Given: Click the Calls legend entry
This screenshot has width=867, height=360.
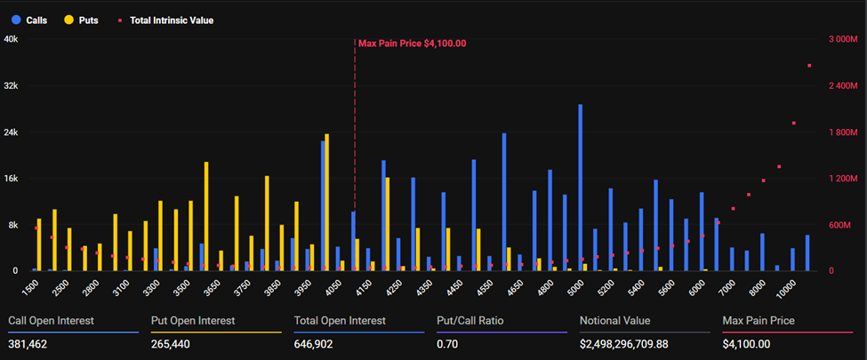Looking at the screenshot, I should (x=34, y=20).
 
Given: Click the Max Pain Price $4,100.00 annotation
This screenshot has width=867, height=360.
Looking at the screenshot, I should (x=412, y=43).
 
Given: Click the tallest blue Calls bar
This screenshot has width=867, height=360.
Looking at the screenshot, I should (x=581, y=187).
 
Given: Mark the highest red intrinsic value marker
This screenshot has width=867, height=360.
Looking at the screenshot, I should (x=809, y=66).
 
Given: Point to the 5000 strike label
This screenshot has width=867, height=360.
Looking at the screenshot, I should (x=577, y=287).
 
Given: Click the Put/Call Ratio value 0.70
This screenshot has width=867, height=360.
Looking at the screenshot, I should (x=447, y=344).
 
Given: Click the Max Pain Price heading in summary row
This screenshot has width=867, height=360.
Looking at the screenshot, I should (x=759, y=320).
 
